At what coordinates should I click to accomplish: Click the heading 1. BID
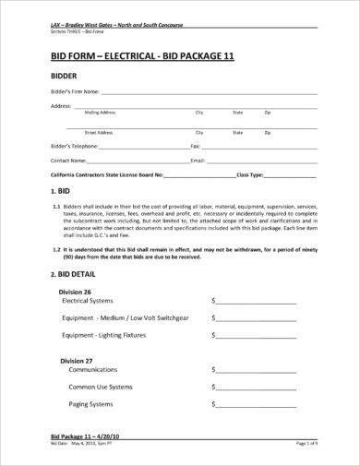[59, 190]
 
